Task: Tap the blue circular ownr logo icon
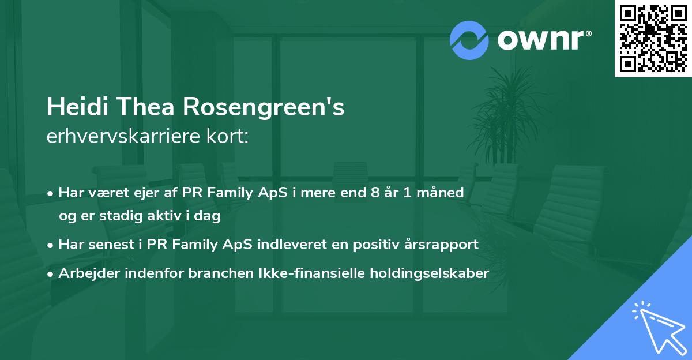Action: click(469, 39)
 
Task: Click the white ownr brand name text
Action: click(544, 40)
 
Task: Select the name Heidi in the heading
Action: click(73, 107)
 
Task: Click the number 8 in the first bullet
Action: click(377, 192)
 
